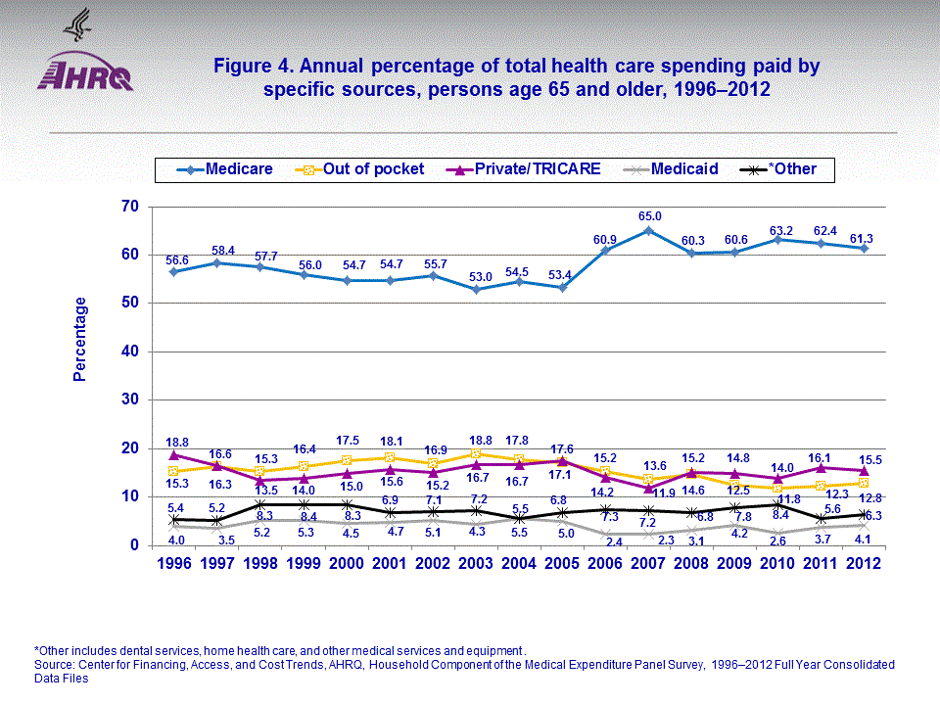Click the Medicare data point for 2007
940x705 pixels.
(x=648, y=230)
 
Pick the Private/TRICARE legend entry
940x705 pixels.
(x=535, y=169)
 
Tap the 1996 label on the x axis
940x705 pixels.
(x=173, y=564)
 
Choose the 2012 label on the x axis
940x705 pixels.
(x=864, y=564)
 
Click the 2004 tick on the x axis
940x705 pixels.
(x=519, y=564)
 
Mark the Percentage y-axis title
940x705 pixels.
(x=80, y=339)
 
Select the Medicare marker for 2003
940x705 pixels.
(x=476, y=289)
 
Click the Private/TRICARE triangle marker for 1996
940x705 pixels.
(x=173, y=454)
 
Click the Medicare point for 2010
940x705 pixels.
(x=777, y=239)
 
